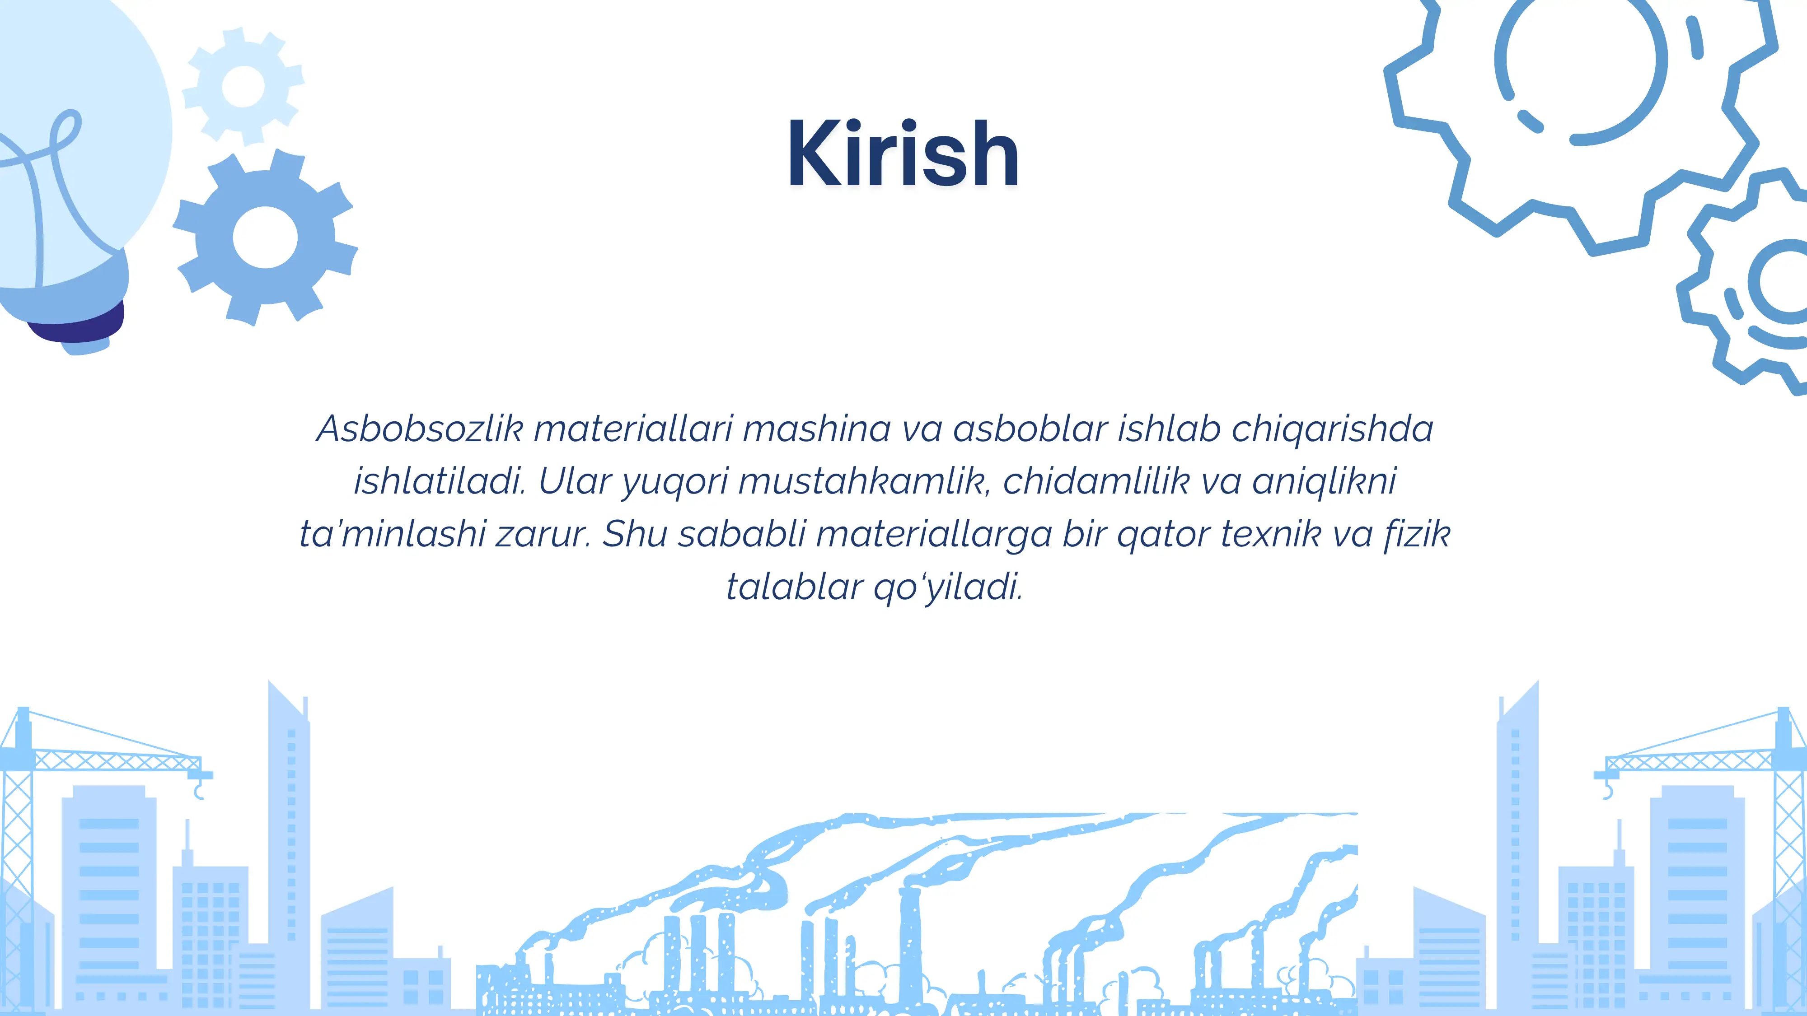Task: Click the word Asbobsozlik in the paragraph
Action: pos(420,429)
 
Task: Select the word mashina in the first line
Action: pos(816,429)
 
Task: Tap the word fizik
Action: pos(1417,534)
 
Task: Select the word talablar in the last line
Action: pos(794,587)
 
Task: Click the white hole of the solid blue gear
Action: pos(265,237)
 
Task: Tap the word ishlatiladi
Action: pos(439,481)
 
